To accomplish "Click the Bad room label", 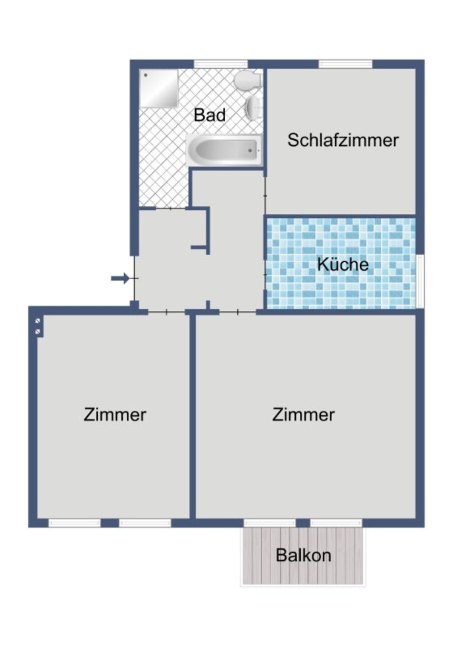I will coord(209,115).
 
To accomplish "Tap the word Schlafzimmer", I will coord(343,140).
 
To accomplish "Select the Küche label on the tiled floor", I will coord(343,264).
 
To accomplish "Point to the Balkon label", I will coord(303,555).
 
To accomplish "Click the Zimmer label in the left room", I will coord(115,414).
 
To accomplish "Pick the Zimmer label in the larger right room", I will coord(303,414).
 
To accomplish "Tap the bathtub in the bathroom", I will coord(224,150).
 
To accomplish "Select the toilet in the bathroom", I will coord(247,80).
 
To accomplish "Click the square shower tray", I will coord(159,88).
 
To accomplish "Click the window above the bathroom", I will coord(221,64).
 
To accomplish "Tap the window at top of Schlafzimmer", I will coord(345,64).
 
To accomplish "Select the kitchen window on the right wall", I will coord(420,281).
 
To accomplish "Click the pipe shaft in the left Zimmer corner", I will coord(38,326).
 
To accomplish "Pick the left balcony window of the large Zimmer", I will coord(270,523).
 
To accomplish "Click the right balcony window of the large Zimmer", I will coord(336,523).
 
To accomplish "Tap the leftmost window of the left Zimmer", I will coord(74,523).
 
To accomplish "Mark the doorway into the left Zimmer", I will coord(166,312).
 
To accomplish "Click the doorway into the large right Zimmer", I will coord(238,312).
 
